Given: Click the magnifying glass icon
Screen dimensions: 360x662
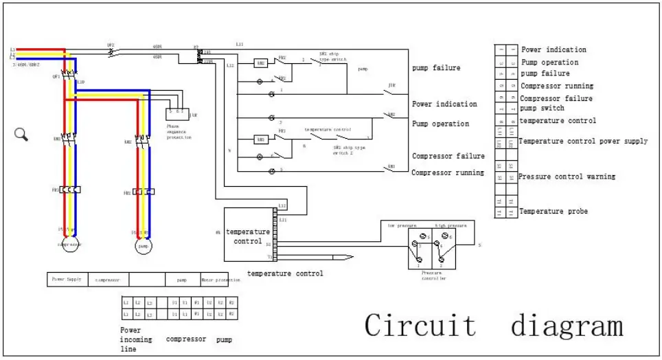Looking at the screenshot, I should [20, 134].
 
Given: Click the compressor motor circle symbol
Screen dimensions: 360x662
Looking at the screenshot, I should [70, 244].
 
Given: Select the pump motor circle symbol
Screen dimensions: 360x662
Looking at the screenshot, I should [144, 245].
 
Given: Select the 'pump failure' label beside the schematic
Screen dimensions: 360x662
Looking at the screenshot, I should [436, 68].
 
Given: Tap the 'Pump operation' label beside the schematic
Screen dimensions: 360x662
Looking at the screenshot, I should [440, 124].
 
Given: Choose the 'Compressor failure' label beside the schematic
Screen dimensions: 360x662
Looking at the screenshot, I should [448, 157].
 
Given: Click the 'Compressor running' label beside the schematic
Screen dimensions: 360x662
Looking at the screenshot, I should [447, 172].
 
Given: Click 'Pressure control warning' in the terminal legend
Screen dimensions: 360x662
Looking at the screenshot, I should [567, 177].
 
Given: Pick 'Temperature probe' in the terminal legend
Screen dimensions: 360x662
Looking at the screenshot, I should [553, 211].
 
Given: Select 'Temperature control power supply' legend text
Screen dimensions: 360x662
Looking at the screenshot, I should [583, 142].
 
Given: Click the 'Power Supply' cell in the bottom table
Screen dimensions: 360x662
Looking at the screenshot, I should [67, 280].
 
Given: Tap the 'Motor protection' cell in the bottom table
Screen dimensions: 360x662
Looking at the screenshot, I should [220, 280].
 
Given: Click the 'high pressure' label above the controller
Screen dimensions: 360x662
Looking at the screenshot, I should [450, 225].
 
